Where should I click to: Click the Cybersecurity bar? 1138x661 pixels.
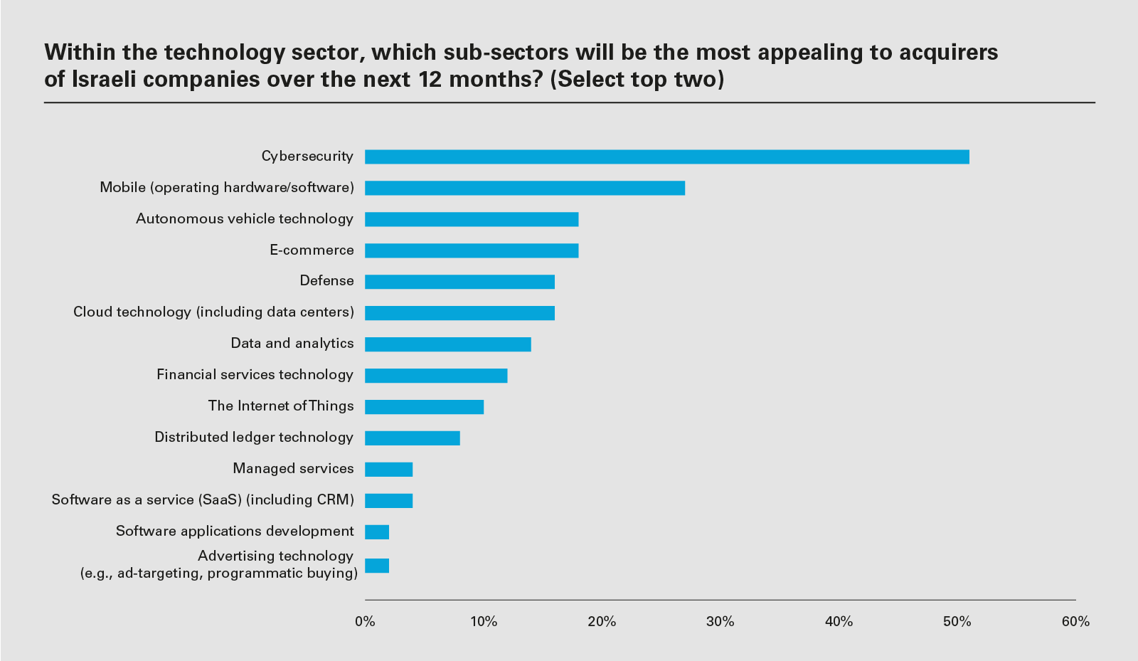pyautogui.click(x=666, y=157)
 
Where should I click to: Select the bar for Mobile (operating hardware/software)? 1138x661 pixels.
pyautogui.click(x=524, y=188)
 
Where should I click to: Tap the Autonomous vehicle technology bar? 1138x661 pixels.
pyautogui.click(x=471, y=219)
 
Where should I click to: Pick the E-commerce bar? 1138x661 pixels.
pyautogui.click(x=471, y=250)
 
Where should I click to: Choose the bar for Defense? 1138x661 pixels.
pyautogui.click(x=459, y=282)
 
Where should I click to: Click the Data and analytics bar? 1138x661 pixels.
pyautogui.click(x=447, y=344)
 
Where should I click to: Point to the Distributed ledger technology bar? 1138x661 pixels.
pyautogui.click(x=412, y=438)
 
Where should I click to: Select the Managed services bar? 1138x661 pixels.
pyautogui.click(x=388, y=470)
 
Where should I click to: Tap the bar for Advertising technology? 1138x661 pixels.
pyautogui.click(x=376, y=566)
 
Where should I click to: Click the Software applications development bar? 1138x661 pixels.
pyautogui.click(x=376, y=532)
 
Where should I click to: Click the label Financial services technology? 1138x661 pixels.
pyautogui.click(x=255, y=375)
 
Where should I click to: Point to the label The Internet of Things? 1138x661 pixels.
pyautogui.click(x=280, y=406)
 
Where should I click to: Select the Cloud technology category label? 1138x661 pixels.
pyautogui.click(x=213, y=312)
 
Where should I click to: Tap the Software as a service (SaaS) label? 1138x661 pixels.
pyautogui.click(x=203, y=500)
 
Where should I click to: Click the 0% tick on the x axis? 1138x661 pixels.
pyautogui.click(x=365, y=622)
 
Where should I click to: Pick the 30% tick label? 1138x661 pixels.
pyautogui.click(x=720, y=622)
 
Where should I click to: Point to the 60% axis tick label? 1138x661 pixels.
pyautogui.click(x=1075, y=622)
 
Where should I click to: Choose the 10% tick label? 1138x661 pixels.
pyautogui.click(x=484, y=622)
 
